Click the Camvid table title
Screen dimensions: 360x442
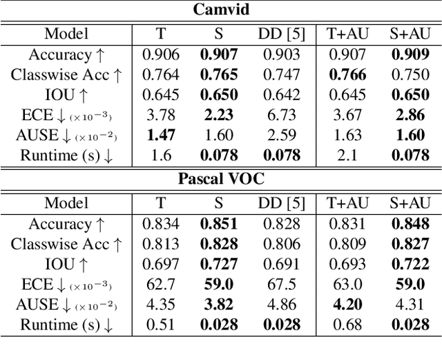[221, 10]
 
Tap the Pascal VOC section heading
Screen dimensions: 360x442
[221, 178]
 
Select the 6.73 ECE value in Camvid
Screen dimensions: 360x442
[280, 115]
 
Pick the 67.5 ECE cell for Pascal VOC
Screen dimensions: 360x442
[280, 284]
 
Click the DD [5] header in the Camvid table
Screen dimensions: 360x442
[280, 33]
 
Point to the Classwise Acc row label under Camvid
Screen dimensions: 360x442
[66, 75]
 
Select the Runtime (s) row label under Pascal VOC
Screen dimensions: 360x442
[66, 324]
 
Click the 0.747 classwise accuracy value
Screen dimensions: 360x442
[280, 75]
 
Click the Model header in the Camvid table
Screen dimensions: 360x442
[66, 33]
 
